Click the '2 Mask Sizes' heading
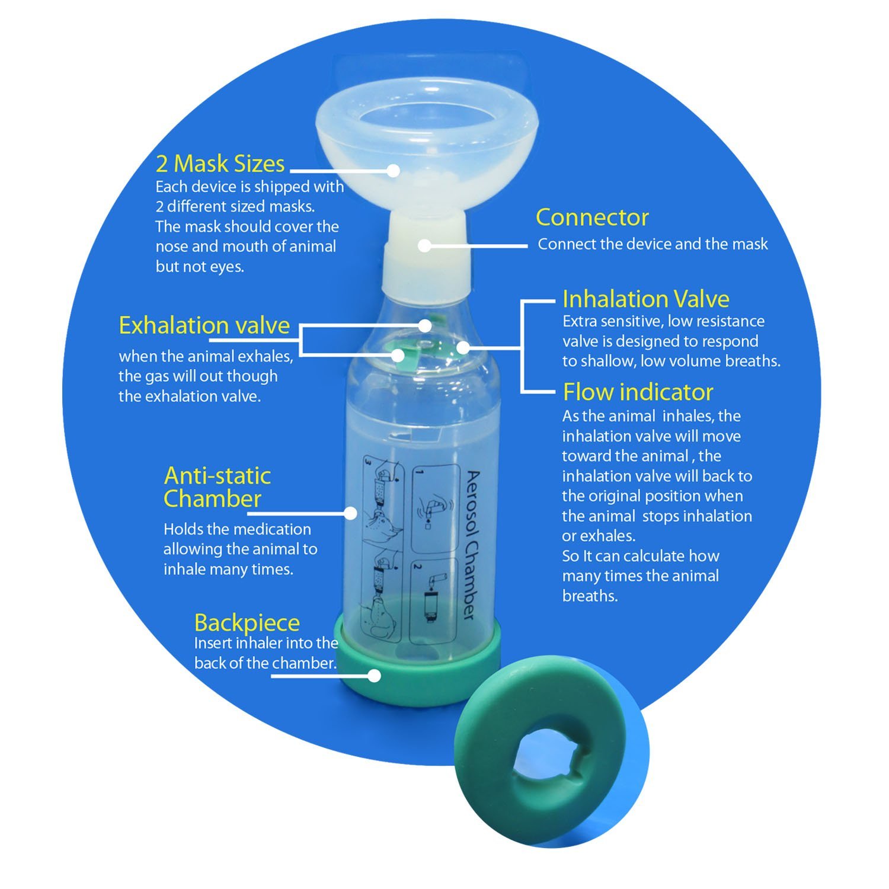[x=220, y=164]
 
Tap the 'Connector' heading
[x=592, y=218]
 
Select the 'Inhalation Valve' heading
[x=646, y=299]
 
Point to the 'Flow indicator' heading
[x=638, y=392]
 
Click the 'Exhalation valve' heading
[x=204, y=325]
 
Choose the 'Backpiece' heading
[x=247, y=623]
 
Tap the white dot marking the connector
[x=424, y=245]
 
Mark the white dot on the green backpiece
[x=374, y=675]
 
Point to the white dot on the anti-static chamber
[x=351, y=513]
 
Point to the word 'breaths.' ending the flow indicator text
[x=590, y=596]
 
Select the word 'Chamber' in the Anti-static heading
[x=212, y=499]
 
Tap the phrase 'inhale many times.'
[x=228, y=570]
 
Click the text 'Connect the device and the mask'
[x=653, y=244]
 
